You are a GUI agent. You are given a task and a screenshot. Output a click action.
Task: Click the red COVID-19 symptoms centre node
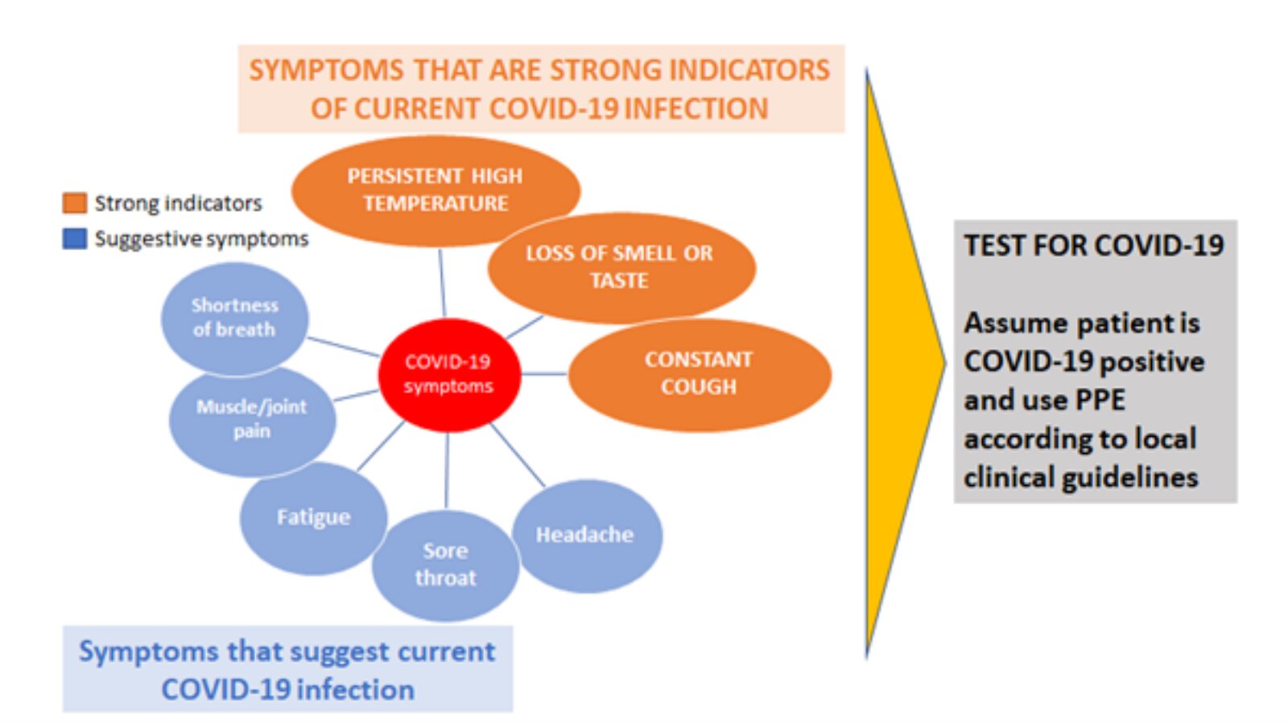pos(450,375)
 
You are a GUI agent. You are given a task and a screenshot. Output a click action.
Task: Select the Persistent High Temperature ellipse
pos(436,191)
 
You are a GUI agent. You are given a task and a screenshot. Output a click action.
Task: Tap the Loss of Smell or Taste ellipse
pos(621,268)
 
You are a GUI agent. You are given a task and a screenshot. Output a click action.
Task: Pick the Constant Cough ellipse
pos(700,375)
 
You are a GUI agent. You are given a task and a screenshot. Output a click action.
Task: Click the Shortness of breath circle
pos(234,319)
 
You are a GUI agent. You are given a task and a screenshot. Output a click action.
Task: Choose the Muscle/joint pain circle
pos(252,421)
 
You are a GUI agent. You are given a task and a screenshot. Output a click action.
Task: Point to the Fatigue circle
pos(313,518)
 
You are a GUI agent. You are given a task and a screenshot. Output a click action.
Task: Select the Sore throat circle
pos(446,566)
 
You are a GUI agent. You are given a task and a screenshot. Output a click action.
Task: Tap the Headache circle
pos(587,536)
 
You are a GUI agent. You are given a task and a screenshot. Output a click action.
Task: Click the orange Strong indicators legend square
pos(75,203)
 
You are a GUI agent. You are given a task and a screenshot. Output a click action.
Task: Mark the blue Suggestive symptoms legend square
pos(75,238)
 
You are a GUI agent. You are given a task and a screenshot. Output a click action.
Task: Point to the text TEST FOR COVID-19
pos(1094,245)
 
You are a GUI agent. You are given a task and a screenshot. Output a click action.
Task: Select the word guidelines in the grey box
pos(1130,478)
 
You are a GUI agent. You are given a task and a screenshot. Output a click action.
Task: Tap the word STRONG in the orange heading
pos(605,71)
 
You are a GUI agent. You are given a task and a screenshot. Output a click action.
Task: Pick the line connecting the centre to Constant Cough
pos(544,374)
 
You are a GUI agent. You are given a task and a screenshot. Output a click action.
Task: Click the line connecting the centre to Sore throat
pos(447,471)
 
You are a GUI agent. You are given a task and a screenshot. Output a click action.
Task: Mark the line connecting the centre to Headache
pos(517,455)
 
